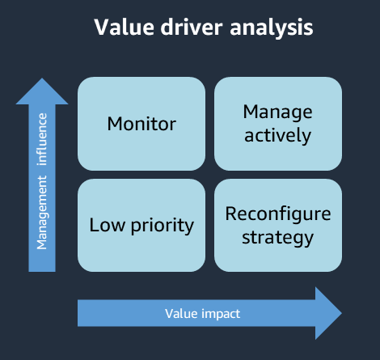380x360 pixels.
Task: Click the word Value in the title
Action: [118, 28]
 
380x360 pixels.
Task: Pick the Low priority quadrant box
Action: [141, 225]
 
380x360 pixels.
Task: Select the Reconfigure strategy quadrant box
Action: [277, 225]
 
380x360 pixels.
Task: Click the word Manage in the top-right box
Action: [277, 112]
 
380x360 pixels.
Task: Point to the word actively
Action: [277, 135]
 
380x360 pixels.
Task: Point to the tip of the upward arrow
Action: [42, 79]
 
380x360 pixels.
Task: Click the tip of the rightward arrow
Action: [342, 312]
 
